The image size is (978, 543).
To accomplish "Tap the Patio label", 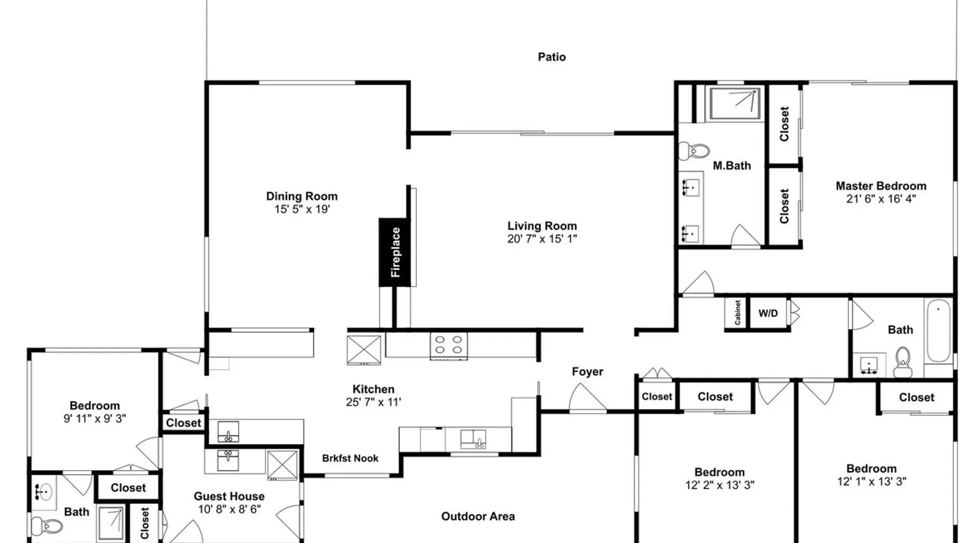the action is pyautogui.click(x=551, y=57).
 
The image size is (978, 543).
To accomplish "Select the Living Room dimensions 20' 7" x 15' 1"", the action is pyautogui.click(x=542, y=239).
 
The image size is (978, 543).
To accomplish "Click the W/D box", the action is pyautogui.click(x=768, y=313).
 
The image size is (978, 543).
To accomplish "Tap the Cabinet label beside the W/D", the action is pyautogui.click(x=737, y=313).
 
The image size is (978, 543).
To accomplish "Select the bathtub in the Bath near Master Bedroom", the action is pyautogui.click(x=939, y=332).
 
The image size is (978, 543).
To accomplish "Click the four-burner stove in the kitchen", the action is pyautogui.click(x=448, y=345).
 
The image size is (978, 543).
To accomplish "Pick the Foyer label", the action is pyautogui.click(x=587, y=372).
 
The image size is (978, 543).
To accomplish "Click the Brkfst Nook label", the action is pyautogui.click(x=350, y=458).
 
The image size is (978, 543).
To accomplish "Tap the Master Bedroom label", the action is pyautogui.click(x=881, y=186).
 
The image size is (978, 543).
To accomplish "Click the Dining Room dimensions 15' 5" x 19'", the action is pyautogui.click(x=302, y=210).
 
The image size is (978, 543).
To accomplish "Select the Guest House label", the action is pyautogui.click(x=229, y=496).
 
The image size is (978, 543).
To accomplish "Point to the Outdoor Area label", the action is pyautogui.click(x=478, y=516).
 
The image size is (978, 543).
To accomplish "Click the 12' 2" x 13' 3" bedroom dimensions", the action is pyautogui.click(x=719, y=485).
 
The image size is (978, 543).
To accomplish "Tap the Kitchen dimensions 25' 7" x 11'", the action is pyautogui.click(x=373, y=402).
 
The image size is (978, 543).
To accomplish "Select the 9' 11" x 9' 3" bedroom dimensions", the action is pyautogui.click(x=95, y=419).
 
